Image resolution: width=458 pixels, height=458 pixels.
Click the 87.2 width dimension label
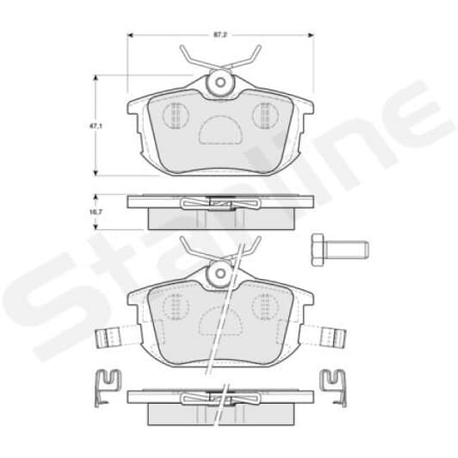tap(221, 35)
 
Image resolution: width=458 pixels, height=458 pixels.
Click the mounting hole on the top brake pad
tap(220, 84)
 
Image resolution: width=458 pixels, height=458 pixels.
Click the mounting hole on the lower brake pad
tap(220, 275)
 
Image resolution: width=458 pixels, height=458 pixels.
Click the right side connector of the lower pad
tap(332, 336)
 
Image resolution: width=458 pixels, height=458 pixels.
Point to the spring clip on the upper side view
tap(220, 203)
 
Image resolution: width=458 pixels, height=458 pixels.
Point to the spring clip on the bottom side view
tap(220, 397)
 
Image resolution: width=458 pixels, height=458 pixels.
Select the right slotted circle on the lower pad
tap(263, 306)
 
